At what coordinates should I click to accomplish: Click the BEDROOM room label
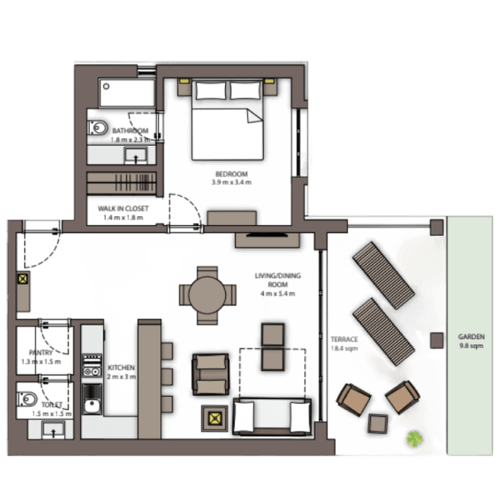pos(232,174)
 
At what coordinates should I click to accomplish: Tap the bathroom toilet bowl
pos(98,128)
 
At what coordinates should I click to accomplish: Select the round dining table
pos(207,296)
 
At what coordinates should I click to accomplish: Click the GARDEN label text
pos(471,337)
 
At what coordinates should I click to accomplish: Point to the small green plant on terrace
pos(415,439)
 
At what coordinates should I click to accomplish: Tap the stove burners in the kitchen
pos(92,366)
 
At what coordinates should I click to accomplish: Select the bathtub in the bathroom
pos(127,93)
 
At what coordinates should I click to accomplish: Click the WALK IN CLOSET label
pos(123,209)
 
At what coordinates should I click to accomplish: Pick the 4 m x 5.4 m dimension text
pos(278,294)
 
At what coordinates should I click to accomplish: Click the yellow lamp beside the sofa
pos(215,418)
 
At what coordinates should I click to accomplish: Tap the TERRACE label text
pos(344,339)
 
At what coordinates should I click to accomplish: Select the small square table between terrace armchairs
pos(378,423)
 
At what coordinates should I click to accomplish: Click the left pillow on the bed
pos(211,91)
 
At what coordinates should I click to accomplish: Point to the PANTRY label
pos(41,353)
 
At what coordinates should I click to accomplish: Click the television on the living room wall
pos(267,235)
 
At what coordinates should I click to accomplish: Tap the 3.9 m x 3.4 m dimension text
pos(232,182)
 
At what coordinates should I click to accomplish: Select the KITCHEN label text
pos(121,368)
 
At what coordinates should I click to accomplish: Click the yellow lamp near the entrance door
pos(23,279)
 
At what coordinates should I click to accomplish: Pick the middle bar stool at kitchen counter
pos(167,376)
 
